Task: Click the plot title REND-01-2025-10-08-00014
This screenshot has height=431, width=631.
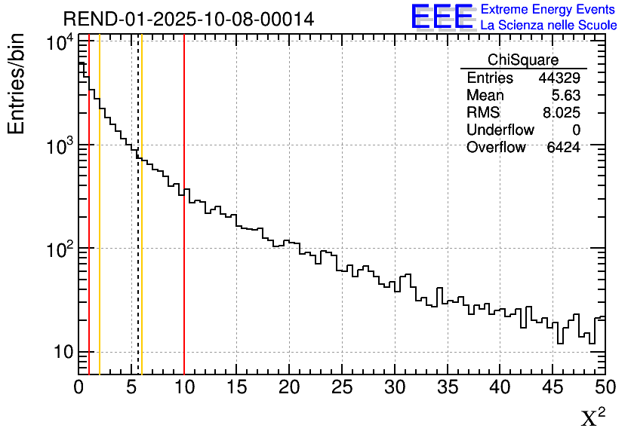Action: tap(189, 19)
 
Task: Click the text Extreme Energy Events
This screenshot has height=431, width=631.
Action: tap(549, 10)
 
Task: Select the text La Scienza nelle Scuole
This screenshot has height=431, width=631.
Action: tap(549, 26)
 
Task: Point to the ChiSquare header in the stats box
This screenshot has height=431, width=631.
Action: tap(523, 60)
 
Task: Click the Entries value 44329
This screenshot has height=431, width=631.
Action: tap(559, 78)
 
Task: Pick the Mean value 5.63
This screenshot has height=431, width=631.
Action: tap(565, 96)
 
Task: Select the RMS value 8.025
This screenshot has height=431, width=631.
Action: tap(562, 113)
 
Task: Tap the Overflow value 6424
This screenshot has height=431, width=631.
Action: tap(563, 148)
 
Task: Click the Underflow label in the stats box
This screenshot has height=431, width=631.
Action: tap(500, 130)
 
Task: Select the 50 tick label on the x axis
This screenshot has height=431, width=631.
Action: tap(605, 388)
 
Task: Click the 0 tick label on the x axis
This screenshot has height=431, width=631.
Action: tap(79, 388)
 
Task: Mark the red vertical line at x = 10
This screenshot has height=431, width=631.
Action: tap(184, 226)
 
